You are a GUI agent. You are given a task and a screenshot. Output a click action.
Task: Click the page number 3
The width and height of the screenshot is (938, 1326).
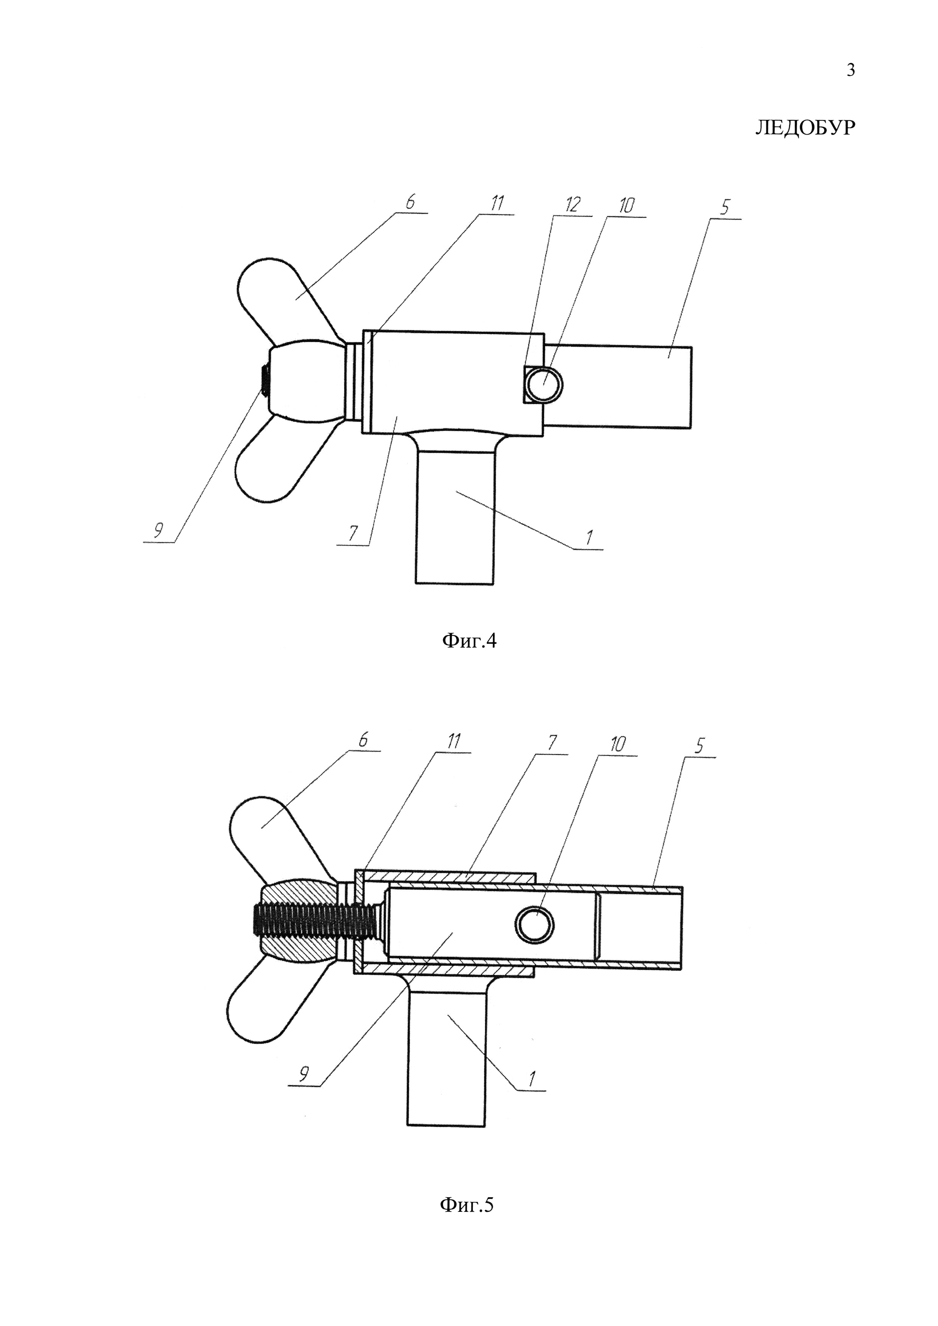[x=850, y=70]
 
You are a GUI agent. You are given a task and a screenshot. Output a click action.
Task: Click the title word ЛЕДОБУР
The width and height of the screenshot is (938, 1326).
[x=804, y=128]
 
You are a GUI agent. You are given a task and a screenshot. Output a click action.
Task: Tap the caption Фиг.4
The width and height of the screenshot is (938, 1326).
[x=469, y=641]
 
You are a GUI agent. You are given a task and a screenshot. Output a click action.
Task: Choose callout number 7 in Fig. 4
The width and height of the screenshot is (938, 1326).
[x=352, y=534]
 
